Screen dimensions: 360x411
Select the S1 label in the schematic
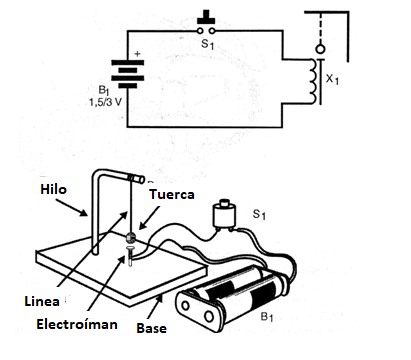[208, 46]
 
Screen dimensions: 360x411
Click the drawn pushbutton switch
[223, 217]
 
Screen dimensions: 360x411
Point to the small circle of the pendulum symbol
[320, 47]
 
